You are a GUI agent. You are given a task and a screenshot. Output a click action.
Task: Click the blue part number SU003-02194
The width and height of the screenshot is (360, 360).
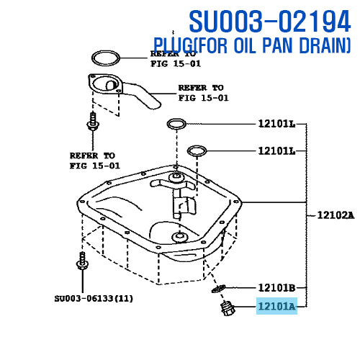point(270,21)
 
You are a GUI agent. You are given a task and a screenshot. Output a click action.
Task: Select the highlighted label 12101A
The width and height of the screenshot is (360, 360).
point(276,306)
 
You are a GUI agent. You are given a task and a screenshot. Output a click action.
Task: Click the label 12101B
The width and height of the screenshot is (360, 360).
point(276,287)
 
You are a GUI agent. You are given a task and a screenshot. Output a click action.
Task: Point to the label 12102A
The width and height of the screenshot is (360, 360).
point(336,215)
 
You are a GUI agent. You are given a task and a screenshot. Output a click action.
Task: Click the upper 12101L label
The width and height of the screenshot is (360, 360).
point(276,124)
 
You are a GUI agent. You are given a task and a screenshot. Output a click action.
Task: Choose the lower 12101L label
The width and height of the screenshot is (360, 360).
point(276,151)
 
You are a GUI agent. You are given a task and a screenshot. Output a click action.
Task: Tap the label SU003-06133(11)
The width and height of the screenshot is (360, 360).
point(94,299)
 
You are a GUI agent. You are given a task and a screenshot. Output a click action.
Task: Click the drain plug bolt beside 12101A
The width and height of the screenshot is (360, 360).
point(228,308)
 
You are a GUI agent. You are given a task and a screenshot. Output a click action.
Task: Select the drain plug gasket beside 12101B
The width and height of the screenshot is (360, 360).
point(219,288)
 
